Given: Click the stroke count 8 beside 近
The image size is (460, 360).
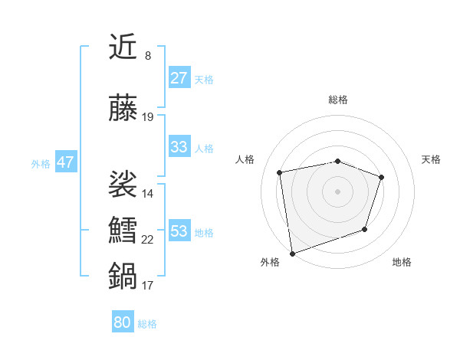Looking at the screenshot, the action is [148, 56].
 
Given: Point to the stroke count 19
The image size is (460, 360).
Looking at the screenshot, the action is [148, 117].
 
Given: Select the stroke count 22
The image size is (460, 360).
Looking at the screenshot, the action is [148, 240].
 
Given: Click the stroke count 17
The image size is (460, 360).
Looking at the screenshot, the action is [148, 286].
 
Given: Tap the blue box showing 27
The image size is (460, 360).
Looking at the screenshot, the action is [179, 78].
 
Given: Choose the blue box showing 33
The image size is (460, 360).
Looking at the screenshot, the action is [179, 147].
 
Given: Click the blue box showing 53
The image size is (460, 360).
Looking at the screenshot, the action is [179, 231].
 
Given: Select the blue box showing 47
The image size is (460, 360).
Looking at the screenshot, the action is [65, 162].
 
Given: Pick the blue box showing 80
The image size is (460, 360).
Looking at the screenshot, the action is [123, 322].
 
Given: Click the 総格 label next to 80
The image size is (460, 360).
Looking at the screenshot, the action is [148, 324].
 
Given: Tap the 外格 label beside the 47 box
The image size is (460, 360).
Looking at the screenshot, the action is [41, 163].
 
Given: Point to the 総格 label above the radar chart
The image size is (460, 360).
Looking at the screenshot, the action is [338, 100].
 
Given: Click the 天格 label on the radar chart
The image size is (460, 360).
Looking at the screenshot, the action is [432, 159].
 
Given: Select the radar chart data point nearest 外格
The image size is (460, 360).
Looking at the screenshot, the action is [292, 253].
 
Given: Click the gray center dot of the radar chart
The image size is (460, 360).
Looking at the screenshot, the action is [338, 191].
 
